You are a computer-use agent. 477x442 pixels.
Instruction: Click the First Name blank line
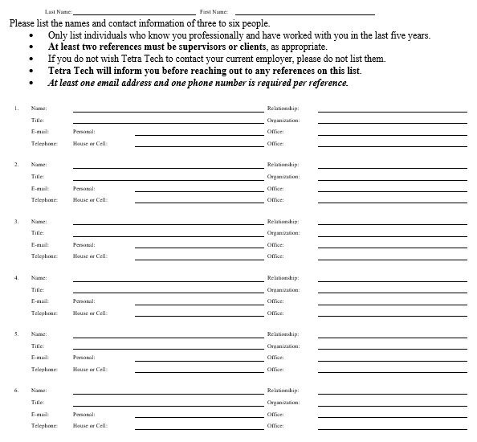click(304, 14)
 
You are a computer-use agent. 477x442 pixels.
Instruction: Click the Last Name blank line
click(133, 14)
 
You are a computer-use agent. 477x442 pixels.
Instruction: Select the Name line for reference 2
click(168, 166)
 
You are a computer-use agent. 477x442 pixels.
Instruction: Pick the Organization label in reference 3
click(283, 232)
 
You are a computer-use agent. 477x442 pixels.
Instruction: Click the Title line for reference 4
click(168, 291)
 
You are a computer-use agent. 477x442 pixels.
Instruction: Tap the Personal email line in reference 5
click(198, 358)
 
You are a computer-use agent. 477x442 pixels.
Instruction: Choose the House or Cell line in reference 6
click(198, 428)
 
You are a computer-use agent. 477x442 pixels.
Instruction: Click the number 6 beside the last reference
click(16, 390)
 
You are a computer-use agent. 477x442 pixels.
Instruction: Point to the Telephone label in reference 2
click(44, 200)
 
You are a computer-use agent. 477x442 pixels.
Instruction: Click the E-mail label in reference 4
click(40, 301)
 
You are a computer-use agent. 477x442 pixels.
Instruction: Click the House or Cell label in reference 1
click(90, 144)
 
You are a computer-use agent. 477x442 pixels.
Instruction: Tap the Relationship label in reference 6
click(283, 390)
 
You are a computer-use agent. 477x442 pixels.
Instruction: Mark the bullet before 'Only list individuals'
click(31, 36)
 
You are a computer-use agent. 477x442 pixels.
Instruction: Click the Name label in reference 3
click(39, 221)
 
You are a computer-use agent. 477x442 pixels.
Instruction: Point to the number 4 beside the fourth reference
click(16, 277)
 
